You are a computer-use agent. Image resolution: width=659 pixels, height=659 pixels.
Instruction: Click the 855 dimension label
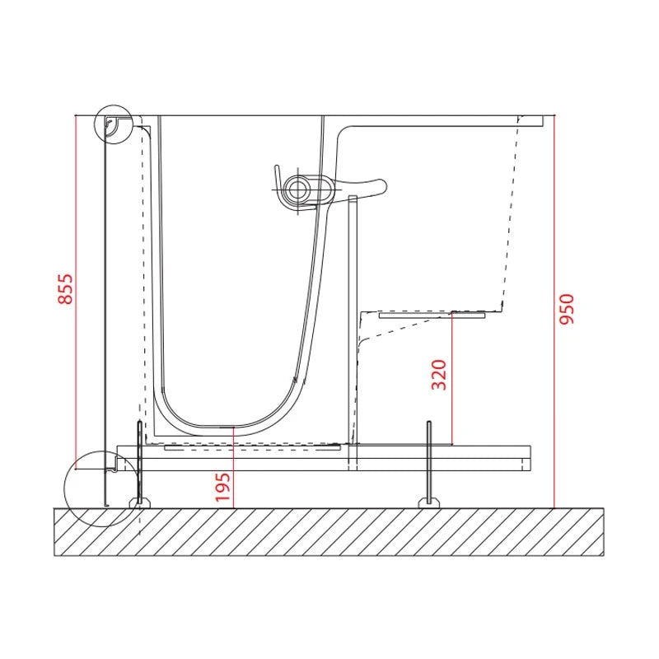(x=65, y=289)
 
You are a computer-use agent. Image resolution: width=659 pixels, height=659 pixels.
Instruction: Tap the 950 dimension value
(x=566, y=309)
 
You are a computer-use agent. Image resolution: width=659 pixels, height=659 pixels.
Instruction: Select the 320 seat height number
(x=439, y=375)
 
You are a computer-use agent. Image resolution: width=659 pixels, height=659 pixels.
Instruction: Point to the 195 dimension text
(x=223, y=487)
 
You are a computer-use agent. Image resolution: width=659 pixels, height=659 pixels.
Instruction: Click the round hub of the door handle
(x=298, y=189)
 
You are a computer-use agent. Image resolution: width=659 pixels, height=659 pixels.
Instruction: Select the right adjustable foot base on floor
(x=429, y=502)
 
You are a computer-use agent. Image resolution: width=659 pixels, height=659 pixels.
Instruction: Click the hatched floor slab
(x=329, y=531)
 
